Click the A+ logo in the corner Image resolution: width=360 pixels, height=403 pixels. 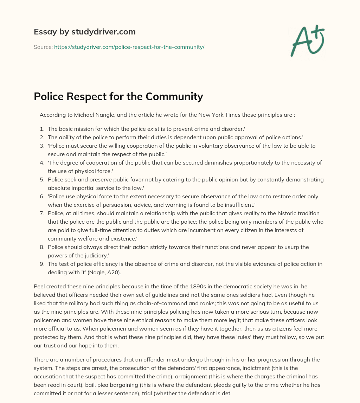coord(307,40)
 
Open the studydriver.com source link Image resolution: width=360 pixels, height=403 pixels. coord(129,47)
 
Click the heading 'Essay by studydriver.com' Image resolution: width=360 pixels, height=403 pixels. coord(84,32)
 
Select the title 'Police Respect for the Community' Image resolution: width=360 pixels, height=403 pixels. coord(118,96)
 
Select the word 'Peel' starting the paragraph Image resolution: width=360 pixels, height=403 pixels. coord(40,286)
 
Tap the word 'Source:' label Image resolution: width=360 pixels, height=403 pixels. coord(43,47)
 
